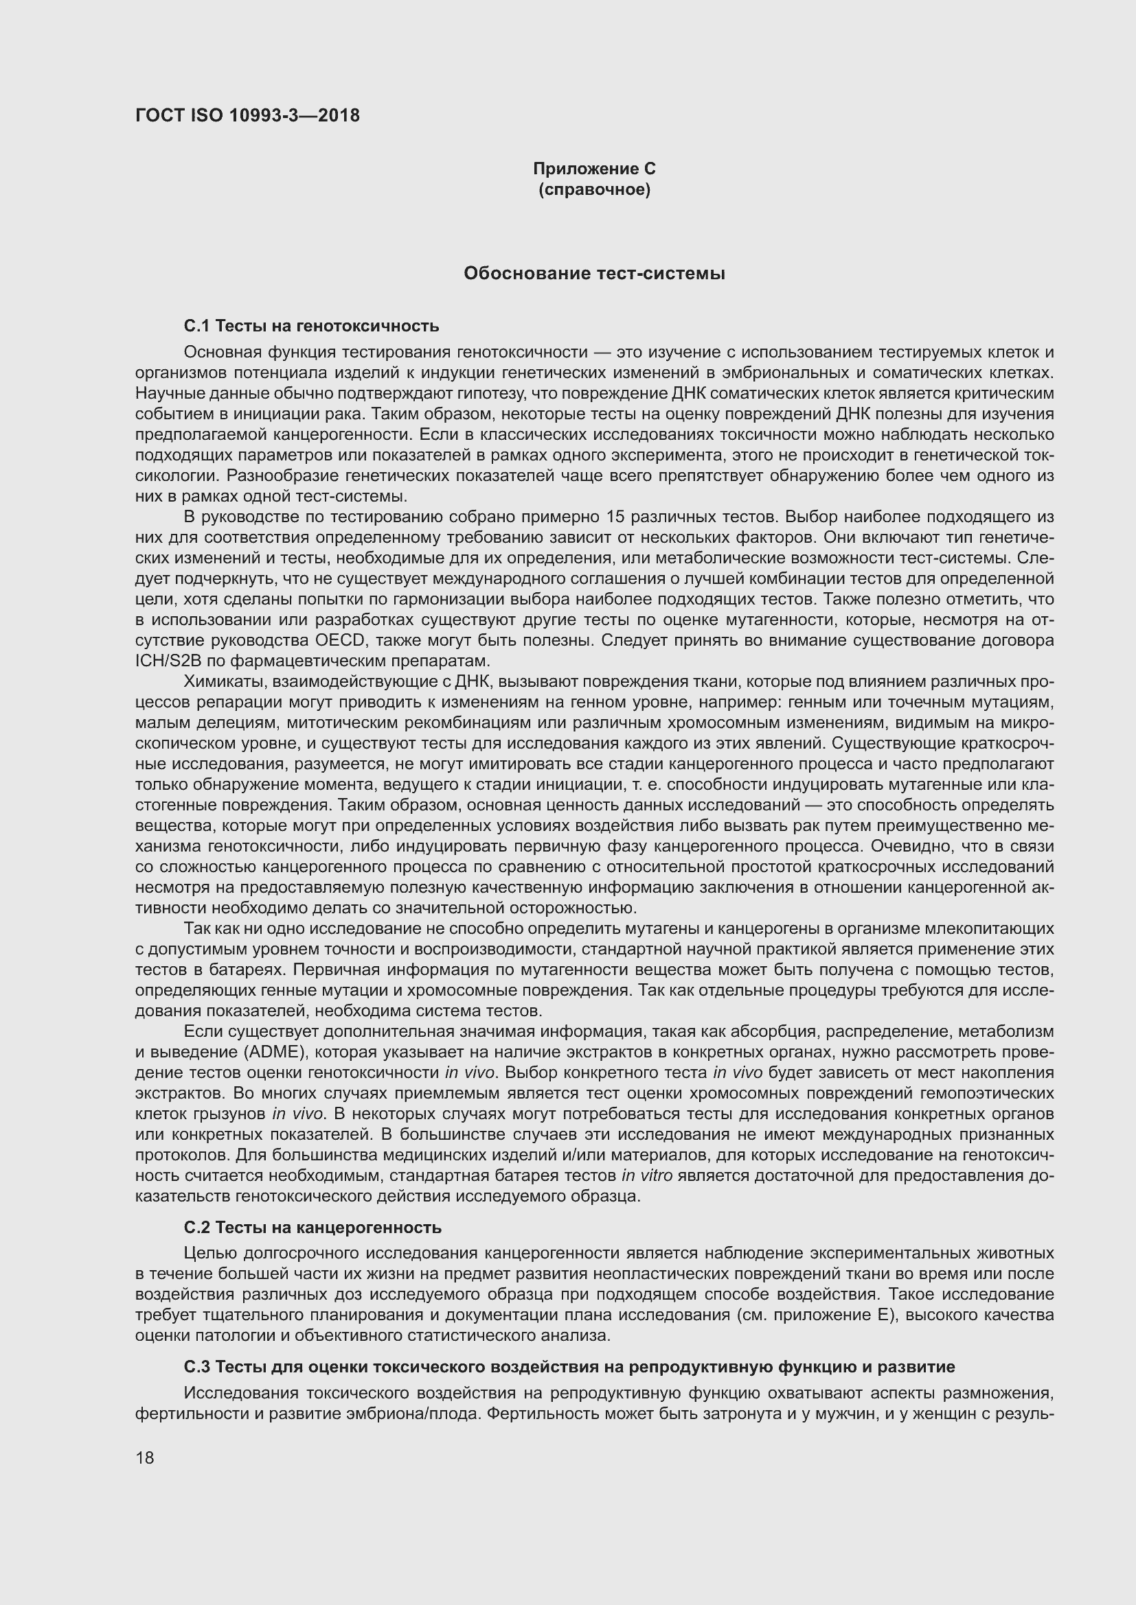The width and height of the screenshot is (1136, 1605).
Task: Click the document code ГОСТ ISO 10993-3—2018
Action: pyautogui.click(x=248, y=115)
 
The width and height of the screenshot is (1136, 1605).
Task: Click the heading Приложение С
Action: pyautogui.click(x=594, y=169)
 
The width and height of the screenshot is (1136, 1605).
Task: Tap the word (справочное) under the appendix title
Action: pyautogui.click(x=594, y=189)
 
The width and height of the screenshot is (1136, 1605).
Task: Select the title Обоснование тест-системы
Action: pyautogui.click(x=594, y=273)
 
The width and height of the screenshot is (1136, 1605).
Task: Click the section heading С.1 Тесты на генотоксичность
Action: pyautogui.click(x=311, y=325)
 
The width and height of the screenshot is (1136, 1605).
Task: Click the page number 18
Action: pyautogui.click(x=145, y=1457)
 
